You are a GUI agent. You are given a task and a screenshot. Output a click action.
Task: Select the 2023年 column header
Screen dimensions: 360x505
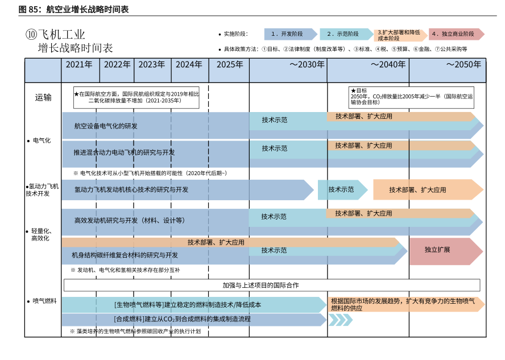[152, 65]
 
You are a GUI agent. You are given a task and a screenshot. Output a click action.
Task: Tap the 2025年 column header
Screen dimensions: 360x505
[229, 65]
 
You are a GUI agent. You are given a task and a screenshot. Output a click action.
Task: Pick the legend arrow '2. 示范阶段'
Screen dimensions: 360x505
[345, 34]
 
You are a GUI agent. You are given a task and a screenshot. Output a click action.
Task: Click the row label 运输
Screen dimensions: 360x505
[43, 97]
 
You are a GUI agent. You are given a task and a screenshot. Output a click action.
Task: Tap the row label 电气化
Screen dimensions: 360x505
[42, 140]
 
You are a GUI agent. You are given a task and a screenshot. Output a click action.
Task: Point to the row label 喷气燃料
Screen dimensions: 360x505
[44, 301]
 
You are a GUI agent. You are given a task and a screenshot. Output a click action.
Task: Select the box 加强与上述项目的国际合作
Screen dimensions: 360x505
[272, 285]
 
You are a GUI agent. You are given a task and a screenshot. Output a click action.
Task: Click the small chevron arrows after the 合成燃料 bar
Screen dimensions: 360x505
[340, 320]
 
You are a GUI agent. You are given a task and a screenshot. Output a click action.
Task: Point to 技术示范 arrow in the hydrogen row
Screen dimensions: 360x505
[341, 189]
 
